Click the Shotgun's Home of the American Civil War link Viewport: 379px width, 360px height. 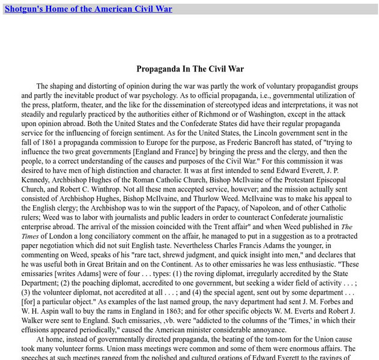[x=88, y=9]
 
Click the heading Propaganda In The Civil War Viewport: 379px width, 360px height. [x=190, y=69]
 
